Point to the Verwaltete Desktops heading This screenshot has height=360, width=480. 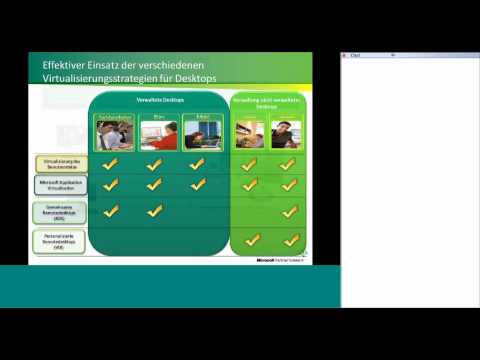155,100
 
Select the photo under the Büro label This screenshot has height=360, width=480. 156,135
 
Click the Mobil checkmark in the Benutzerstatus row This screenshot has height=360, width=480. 200,162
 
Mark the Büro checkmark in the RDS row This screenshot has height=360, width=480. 155,210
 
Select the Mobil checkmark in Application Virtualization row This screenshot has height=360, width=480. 200,185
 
